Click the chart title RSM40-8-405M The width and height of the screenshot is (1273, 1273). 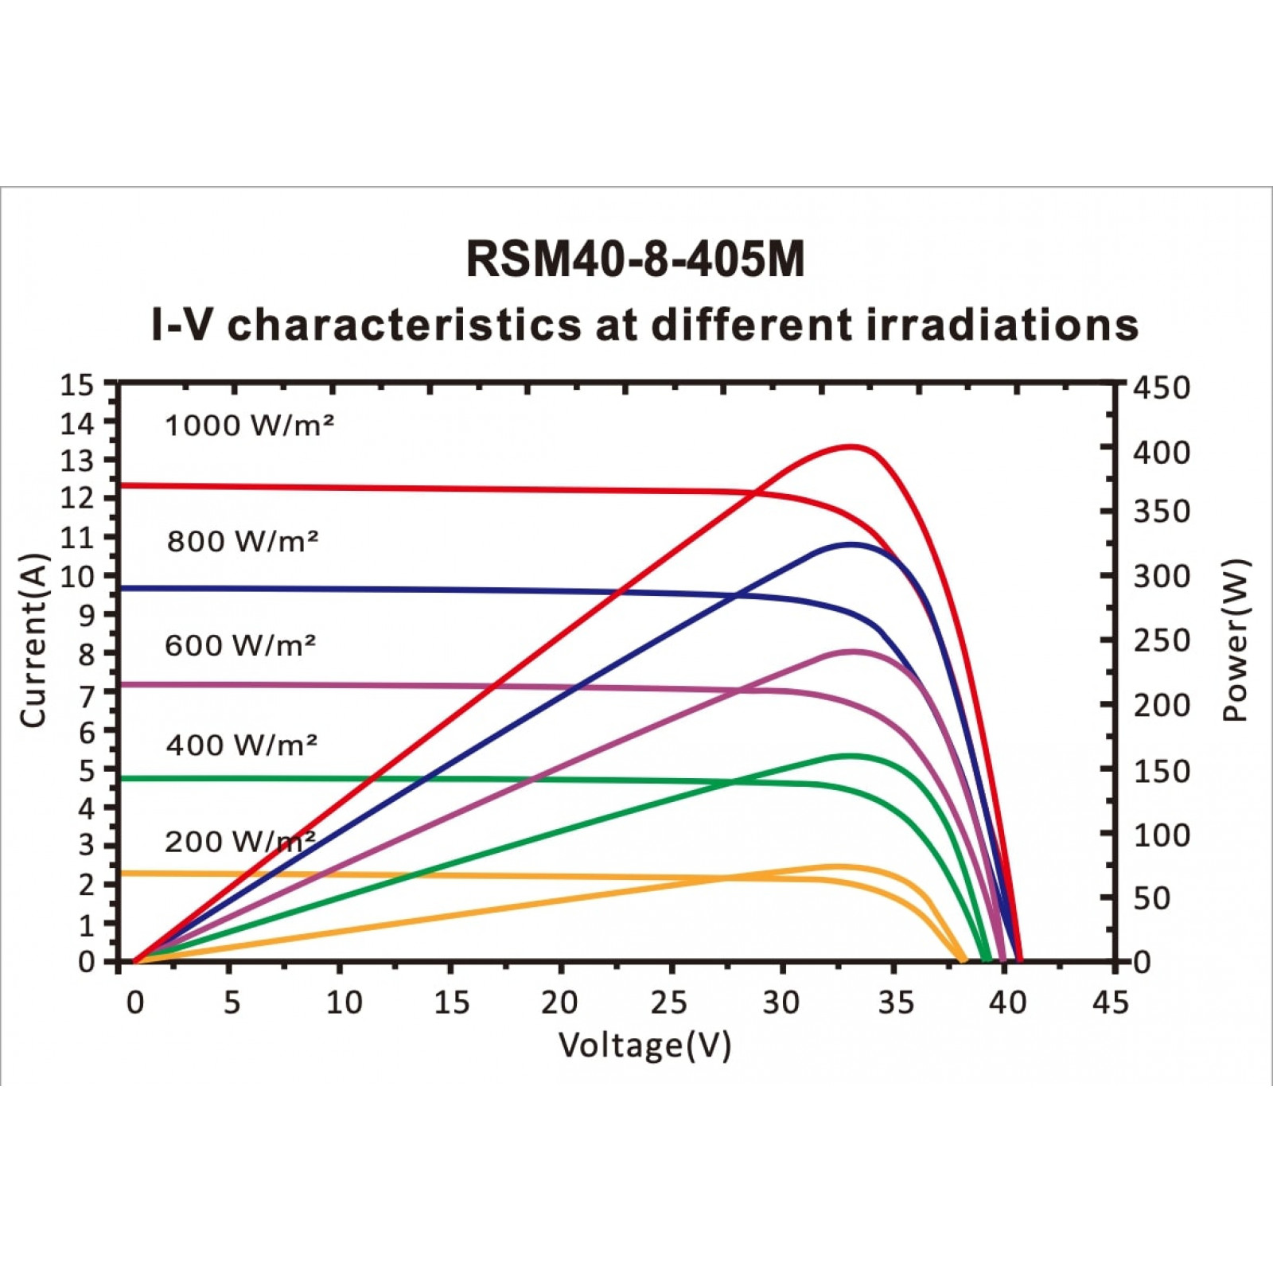point(635,259)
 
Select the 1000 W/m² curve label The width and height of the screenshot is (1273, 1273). point(249,426)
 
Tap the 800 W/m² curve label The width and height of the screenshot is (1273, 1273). point(243,541)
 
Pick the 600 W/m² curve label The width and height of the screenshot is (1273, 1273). point(240,644)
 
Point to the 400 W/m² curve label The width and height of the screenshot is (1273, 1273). point(242,745)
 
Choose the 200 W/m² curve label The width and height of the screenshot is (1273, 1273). point(240,842)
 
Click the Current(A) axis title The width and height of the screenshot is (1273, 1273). point(34,640)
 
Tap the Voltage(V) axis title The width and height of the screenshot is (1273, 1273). point(645,1045)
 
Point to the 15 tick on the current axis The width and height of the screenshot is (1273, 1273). point(77,386)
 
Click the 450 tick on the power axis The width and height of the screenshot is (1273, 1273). point(1162,388)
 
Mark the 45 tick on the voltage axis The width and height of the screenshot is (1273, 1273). point(1111,1003)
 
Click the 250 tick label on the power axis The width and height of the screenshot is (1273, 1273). point(1162,640)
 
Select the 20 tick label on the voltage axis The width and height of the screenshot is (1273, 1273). point(559,1003)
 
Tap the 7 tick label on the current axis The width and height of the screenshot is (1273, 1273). point(86,695)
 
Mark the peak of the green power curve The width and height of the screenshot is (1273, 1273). point(852,755)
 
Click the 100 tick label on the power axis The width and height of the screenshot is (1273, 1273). point(1162,835)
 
